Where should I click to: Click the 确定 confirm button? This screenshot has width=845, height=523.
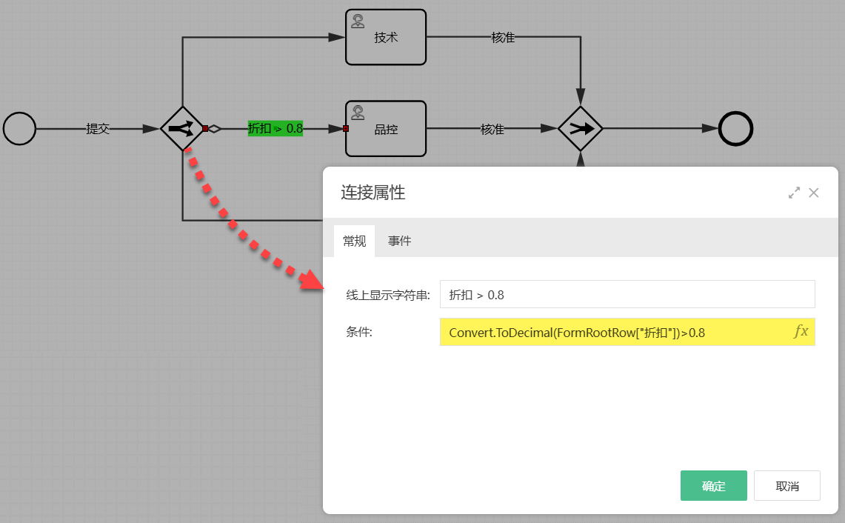[713, 486]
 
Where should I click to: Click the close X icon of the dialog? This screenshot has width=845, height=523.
[813, 193]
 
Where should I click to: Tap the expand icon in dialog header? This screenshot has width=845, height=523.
[794, 193]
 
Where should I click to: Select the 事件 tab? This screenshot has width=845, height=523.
[399, 241]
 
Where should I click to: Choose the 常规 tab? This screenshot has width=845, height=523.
[354, 241]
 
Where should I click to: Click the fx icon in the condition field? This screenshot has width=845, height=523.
[801, 332]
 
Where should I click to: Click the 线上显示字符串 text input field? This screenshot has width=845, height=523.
[627, 294]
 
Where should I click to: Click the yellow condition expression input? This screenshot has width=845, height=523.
[615, 333]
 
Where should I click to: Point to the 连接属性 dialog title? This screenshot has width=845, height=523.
[373, 193]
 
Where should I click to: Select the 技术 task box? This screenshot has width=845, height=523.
[386, 37]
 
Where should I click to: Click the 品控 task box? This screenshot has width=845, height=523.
[386, 129]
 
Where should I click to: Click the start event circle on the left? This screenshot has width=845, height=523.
[19, 128]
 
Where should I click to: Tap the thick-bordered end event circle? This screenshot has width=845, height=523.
[736, 128]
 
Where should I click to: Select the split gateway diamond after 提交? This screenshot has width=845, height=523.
[182, 128]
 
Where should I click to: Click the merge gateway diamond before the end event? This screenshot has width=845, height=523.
[580, 128]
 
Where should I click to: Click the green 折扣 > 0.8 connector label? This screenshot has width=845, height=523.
[275, 128]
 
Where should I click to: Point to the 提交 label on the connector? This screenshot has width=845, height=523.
[98, 128]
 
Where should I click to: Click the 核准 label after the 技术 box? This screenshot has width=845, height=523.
[503, 37]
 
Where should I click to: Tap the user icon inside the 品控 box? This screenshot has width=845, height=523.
[358, 113]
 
